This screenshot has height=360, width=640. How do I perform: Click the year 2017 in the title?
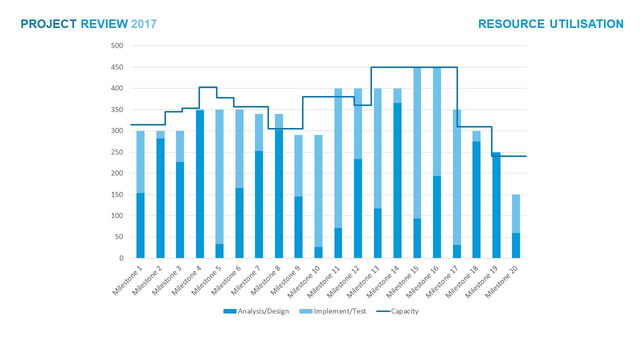144,24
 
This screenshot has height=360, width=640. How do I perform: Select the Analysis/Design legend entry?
256,311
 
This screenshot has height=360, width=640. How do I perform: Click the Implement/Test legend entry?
333,311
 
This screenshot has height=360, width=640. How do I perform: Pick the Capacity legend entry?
397,311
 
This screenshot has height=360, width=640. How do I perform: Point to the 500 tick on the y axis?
117,46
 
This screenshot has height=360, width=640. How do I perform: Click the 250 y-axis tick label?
117,152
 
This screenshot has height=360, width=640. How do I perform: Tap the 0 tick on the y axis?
120,258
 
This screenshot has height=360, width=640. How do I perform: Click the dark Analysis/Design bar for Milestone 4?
200,215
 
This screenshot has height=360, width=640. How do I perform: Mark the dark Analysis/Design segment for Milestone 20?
516,245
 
